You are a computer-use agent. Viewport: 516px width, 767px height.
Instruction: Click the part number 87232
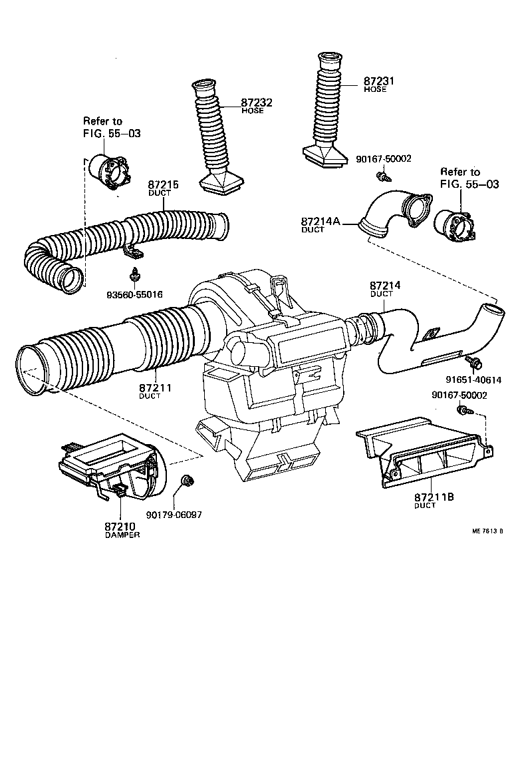(257, 103)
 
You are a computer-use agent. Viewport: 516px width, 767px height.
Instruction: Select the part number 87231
(379, 81)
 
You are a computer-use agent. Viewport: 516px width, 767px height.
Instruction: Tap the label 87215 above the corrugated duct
(164, 184)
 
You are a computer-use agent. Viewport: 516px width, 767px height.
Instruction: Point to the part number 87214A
(322, 221)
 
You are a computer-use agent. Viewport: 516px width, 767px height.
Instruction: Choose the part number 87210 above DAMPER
(122, 527)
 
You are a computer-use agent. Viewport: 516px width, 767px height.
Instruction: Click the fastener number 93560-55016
(134, 294)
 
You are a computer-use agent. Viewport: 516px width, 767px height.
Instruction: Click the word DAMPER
(122, 535)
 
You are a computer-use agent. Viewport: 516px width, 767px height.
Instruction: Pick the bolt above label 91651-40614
(475, 362)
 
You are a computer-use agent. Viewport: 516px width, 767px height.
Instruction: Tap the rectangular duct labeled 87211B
(426, 453)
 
